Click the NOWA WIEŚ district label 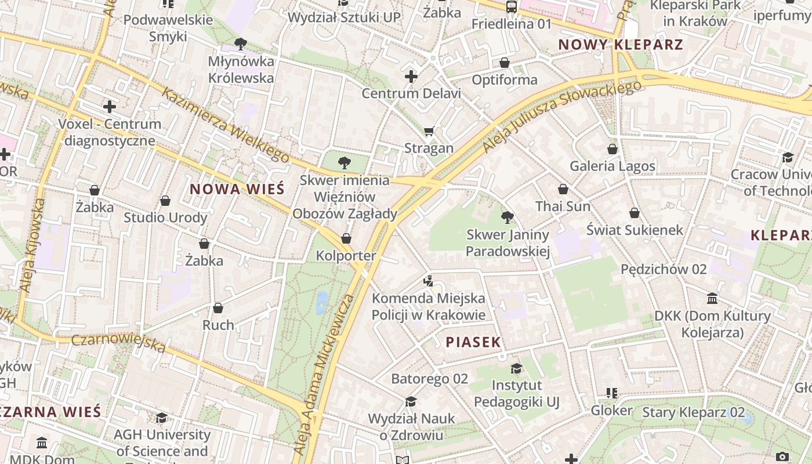click(237, 189)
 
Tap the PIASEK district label click(473, 342)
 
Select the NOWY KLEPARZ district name click(621, 45)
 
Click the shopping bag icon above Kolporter click(346, 238)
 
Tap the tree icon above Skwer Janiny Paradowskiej click(507, 217)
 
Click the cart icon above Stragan click(429, 132)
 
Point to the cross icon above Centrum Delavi click(411, 77)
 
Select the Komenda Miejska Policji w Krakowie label click(429, 307)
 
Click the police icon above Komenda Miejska click(429, 281)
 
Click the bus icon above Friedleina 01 click(511, 7)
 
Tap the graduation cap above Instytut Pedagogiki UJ click(516, 368)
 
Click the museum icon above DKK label click(712, 299)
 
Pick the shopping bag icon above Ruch click(218, 308)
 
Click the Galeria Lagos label click(612, 166)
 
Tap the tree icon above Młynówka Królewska click(241, 43)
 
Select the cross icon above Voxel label click(110, 107)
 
